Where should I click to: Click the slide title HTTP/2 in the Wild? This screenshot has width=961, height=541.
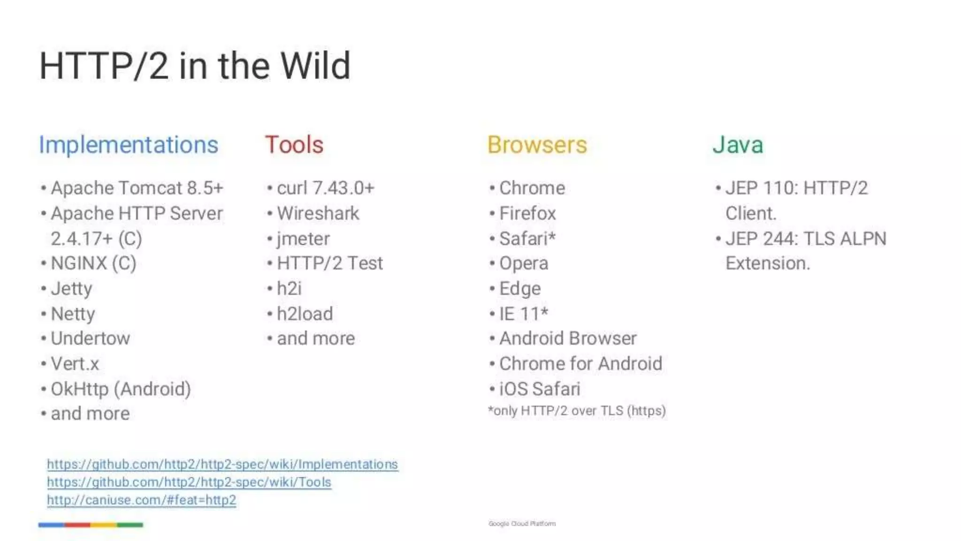click(x=195, y=66)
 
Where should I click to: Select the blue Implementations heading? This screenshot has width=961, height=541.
click(x=129, y=145)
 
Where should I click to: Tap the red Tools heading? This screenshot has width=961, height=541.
click(x=294, y=145)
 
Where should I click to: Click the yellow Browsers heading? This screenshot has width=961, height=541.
click(x=537, y=145)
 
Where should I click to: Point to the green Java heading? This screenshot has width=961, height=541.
click(x=738, y=145)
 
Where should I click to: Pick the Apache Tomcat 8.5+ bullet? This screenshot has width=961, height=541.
click(x=137, y=188)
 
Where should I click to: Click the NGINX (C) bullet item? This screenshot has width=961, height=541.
click(x=93, y=263)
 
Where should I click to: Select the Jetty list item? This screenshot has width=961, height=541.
click(x=71, y=288)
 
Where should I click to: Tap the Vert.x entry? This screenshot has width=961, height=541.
click(x=75, y=363)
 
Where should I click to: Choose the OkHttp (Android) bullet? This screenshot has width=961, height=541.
click(x=121, y=389)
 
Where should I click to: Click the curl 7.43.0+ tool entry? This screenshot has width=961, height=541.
click(x=325, y=188)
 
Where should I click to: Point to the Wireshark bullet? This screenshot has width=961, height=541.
click(x=318, y=213)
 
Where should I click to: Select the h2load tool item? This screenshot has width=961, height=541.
click(x=305, y=314)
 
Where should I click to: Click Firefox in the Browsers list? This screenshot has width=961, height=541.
click(x=527, y=213)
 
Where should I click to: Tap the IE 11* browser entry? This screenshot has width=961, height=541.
click(x=523, y=314)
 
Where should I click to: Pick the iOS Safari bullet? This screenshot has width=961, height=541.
click(x=540, y=389)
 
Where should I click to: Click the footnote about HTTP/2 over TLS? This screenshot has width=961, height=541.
click(x=577, y=411)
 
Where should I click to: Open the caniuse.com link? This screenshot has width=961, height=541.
click(x=141, y=500)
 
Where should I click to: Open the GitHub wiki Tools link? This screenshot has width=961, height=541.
click(x=189, y=482)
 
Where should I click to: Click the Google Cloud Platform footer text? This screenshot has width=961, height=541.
click(x=522, y=524)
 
